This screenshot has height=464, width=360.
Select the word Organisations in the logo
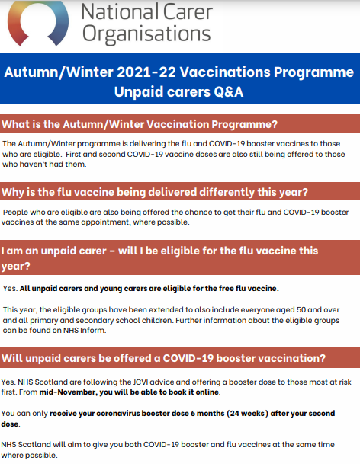[146, 34]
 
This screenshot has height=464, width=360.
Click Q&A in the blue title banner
[233, 91]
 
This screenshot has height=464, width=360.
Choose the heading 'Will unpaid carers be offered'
[164, 357]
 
